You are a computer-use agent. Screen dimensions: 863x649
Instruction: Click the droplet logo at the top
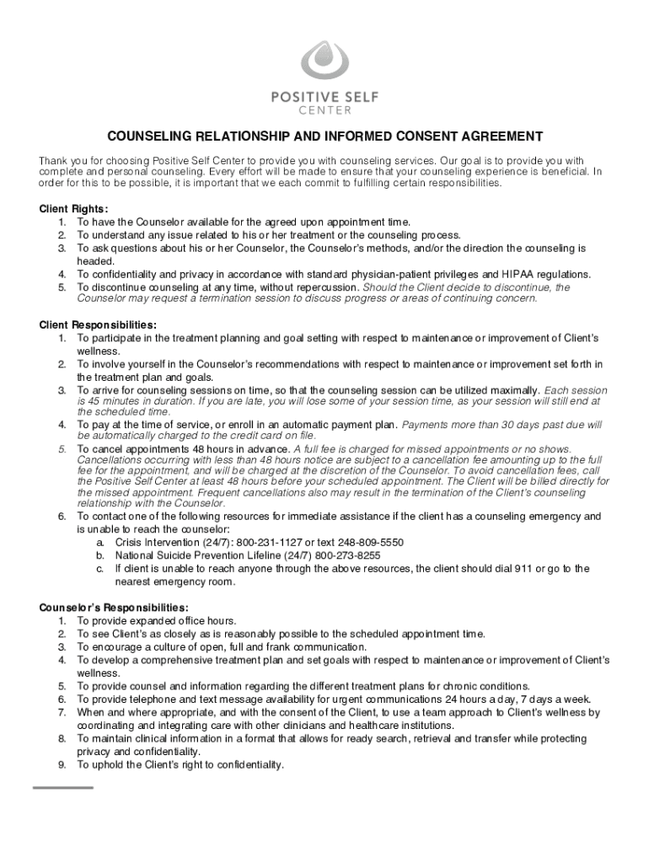click(x=324, y=61)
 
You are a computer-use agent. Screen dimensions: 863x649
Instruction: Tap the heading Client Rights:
click(x=74, y=209)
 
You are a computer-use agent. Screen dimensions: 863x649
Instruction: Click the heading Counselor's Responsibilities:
click(x=114, y=608)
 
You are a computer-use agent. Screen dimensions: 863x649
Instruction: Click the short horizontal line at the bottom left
click(x=63, y=787)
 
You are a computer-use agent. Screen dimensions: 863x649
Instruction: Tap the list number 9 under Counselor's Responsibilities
click(x=62, y=764)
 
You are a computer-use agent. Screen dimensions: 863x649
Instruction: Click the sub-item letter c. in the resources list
click(x=99, y=569)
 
